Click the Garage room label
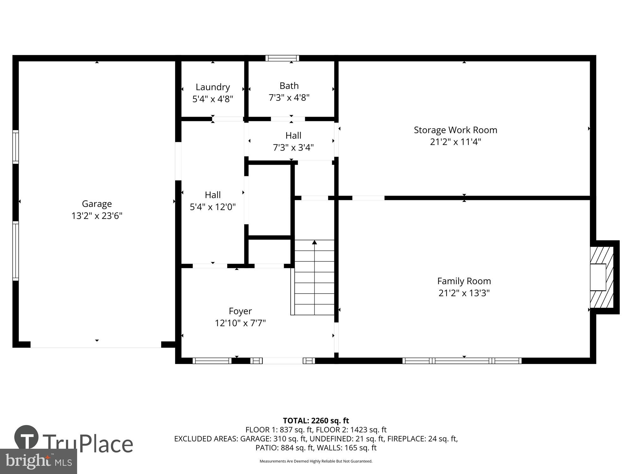tap(97, 204)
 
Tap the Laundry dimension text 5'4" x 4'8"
tap(213, 99)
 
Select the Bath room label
tap(289, 86)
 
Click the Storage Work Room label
tap(455, 130)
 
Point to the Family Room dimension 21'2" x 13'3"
tap(464, 293)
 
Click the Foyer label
tap(240, 311)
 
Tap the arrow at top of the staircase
tap(314, 242)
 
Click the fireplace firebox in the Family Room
tap(598, 277)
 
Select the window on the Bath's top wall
tap(282, 58)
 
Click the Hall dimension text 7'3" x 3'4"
tap(293, 148)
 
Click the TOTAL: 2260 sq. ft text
tap(316, 421)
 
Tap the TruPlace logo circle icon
tap(26, 437)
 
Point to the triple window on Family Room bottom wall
tap(462, 361)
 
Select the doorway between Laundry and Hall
tap(227, 119)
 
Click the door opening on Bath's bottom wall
tap(288, 119)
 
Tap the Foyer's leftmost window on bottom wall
tap(212, 361)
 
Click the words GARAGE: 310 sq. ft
tap(273, 439)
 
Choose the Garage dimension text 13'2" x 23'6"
tap(97, 216)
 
